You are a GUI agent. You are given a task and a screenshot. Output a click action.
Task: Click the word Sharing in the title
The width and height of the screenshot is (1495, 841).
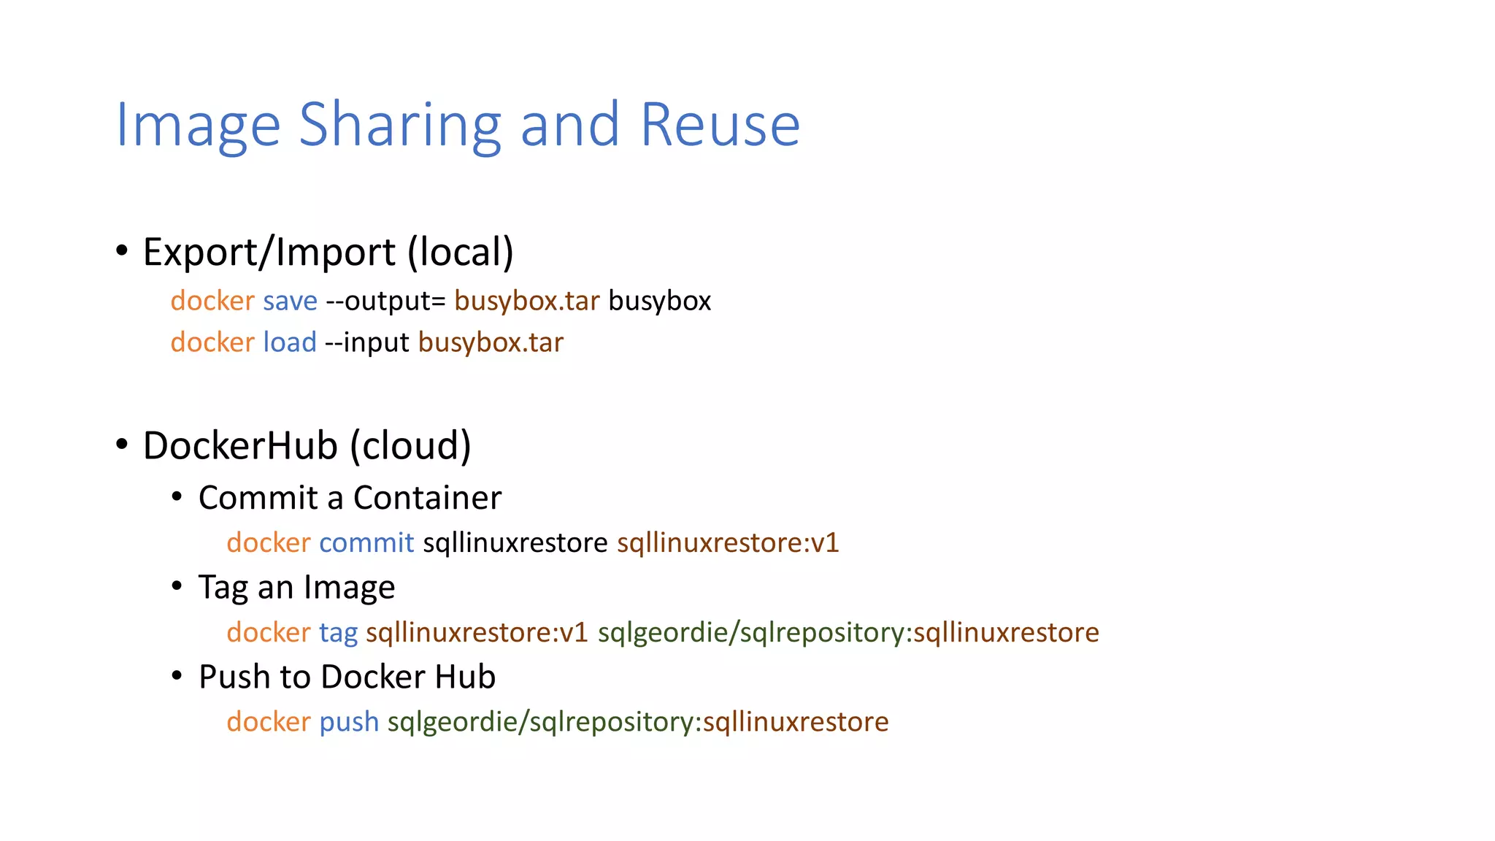coord(400,126)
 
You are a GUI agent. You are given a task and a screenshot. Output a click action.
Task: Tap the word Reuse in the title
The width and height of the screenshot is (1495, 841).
coord(720,126)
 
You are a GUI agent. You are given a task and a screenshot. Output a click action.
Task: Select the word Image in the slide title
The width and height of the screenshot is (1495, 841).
coord(198,126)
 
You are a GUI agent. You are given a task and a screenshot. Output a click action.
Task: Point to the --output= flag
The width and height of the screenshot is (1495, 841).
coord(385,301)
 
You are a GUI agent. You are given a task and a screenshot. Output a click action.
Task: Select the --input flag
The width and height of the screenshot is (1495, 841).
coord(366,342)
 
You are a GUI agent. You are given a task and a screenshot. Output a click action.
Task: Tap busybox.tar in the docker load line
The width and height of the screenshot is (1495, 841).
coord(491,342)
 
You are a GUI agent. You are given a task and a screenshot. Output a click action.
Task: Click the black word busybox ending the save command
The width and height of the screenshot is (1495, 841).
coord(659,301)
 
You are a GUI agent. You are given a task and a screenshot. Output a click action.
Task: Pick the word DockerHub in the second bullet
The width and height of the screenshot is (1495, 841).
coord(240,445)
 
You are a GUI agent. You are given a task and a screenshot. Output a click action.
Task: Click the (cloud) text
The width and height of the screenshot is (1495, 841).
coord(410,445)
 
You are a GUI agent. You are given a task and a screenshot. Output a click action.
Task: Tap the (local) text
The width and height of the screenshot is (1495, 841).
coord(461,252)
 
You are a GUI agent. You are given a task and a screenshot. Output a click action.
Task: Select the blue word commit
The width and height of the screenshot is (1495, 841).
coord(366,542)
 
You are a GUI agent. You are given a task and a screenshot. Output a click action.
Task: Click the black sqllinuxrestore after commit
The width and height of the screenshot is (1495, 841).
coord(515,542)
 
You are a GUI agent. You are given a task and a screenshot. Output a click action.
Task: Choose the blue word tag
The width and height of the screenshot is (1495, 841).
coord(338,632)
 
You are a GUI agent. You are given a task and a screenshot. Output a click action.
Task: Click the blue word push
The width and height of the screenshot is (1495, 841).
coord(349,722)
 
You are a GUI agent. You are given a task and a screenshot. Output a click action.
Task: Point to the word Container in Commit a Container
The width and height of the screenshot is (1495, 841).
coord(427,498)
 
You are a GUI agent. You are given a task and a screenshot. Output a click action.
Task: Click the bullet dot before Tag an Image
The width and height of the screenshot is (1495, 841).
coord(177,586)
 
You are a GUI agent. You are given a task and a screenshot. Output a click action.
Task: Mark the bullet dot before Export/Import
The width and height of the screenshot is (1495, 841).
coord(122,251)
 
